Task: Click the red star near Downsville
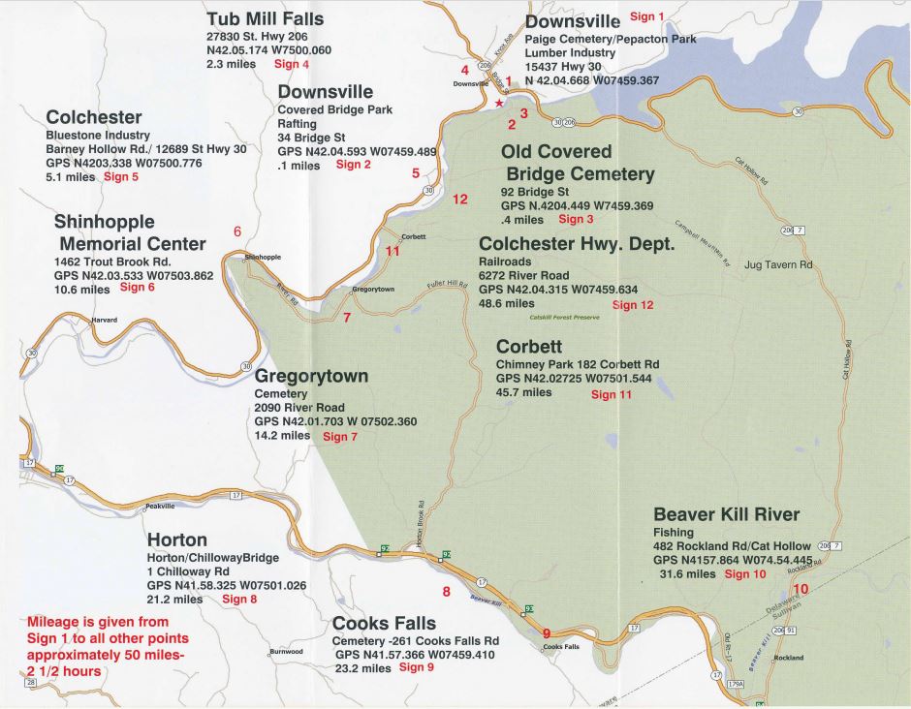click(499, 103)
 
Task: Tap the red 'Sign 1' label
click(647, 16)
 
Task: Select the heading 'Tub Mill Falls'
click(265, 18)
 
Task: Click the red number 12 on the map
click(459, 199)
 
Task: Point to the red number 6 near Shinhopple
click(236, 231)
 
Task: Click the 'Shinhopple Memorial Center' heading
click(130, 232)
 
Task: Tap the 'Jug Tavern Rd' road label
click(778, 264)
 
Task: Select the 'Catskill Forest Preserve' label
click(565, 317)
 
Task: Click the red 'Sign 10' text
click(744, 574)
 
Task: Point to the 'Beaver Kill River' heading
click(726, 513)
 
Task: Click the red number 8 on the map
click(446, 592)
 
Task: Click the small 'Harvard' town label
click(104, 320)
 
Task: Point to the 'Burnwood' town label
click(287, 652)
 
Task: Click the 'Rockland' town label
click(789, 658)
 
